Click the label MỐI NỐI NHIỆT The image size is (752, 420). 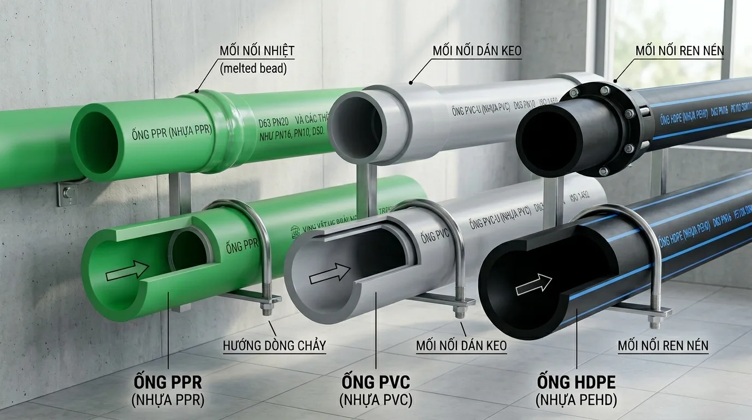coord(257,51)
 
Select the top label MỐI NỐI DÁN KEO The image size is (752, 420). coord(477,51)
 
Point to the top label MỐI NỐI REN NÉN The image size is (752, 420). coord(679,51)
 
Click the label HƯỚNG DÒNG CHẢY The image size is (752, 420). coord(274,346)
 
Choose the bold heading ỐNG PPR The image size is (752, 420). coord(168,381)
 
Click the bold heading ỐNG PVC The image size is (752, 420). coord(375,381)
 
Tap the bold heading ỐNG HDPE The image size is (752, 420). coord(576,381)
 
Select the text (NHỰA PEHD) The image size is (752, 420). coord(577,401)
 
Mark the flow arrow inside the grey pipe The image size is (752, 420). coord(330,273)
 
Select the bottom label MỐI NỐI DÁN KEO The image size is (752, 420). coord(461,346)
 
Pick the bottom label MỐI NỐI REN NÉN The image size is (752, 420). coord(663,346)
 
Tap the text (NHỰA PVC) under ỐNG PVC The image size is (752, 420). coord(375,400)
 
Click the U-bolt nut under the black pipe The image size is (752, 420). coord(655,322)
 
